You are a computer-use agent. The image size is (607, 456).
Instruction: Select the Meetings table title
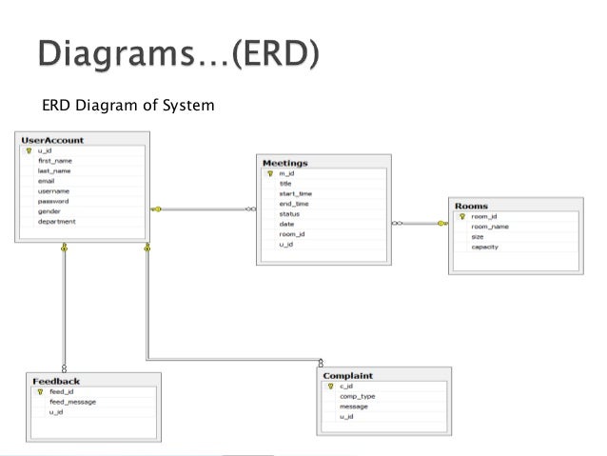pos(285,164)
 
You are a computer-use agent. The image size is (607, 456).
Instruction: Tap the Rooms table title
pos(472,206)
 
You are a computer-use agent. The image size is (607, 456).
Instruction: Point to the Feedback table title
pos(56,380)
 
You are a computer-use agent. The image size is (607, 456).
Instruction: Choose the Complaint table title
pos(347,376)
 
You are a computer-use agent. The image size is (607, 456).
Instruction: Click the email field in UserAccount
pos(47,181)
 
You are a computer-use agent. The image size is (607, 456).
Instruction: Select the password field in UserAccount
pos(53,201)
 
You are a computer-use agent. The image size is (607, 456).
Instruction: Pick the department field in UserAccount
pos(57,222)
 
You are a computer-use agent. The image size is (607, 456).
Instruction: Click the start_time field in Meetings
pos(295,194)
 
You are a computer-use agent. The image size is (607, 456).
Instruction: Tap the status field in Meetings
pos(289,214)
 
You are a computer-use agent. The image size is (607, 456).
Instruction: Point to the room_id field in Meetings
pos(292,234)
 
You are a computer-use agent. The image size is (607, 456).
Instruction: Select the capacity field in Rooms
pos(484,247)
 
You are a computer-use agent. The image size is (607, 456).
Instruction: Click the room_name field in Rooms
pos(490,227)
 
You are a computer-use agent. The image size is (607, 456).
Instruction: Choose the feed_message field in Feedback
pos(72,402)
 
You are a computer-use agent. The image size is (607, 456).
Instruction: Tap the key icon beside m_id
pos(270,174)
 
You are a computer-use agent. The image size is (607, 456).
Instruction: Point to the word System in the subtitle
pos(193,105)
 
